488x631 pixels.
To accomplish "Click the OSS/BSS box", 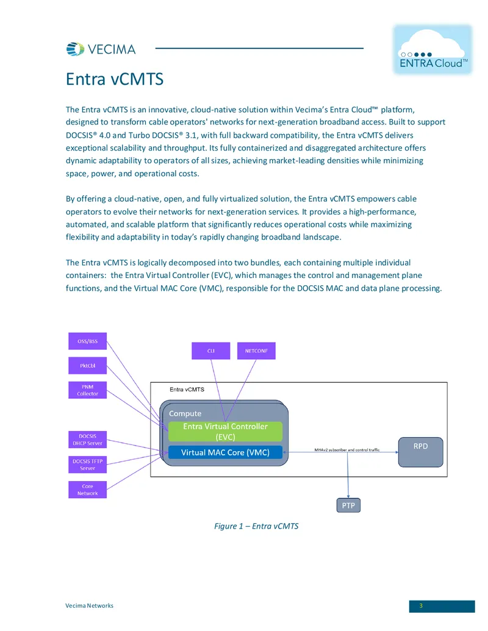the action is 87,341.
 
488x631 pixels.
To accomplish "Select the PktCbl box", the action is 87,365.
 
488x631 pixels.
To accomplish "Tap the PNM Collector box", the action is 87,390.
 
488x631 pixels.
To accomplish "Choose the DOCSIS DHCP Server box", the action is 87,440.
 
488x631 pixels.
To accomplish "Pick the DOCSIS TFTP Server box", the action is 87,465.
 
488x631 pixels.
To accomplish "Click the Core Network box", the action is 87,490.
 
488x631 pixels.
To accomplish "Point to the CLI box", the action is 210,351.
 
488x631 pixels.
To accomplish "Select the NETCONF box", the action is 256,351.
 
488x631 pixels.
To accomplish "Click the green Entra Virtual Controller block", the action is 225,432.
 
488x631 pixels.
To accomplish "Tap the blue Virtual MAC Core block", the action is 225,452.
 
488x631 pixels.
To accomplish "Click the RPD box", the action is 421,452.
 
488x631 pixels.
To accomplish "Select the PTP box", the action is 348,505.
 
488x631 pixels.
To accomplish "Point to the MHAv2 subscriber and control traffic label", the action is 346,449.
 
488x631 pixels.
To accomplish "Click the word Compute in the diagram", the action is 185,413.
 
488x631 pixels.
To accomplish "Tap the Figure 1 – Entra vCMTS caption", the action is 256,526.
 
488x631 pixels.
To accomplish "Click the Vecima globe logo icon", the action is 75,49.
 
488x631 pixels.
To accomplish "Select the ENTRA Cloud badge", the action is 432,49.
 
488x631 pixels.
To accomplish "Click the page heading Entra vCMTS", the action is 115,79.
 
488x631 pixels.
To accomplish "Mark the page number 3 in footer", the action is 421,605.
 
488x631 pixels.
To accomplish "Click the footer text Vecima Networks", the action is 90,605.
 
